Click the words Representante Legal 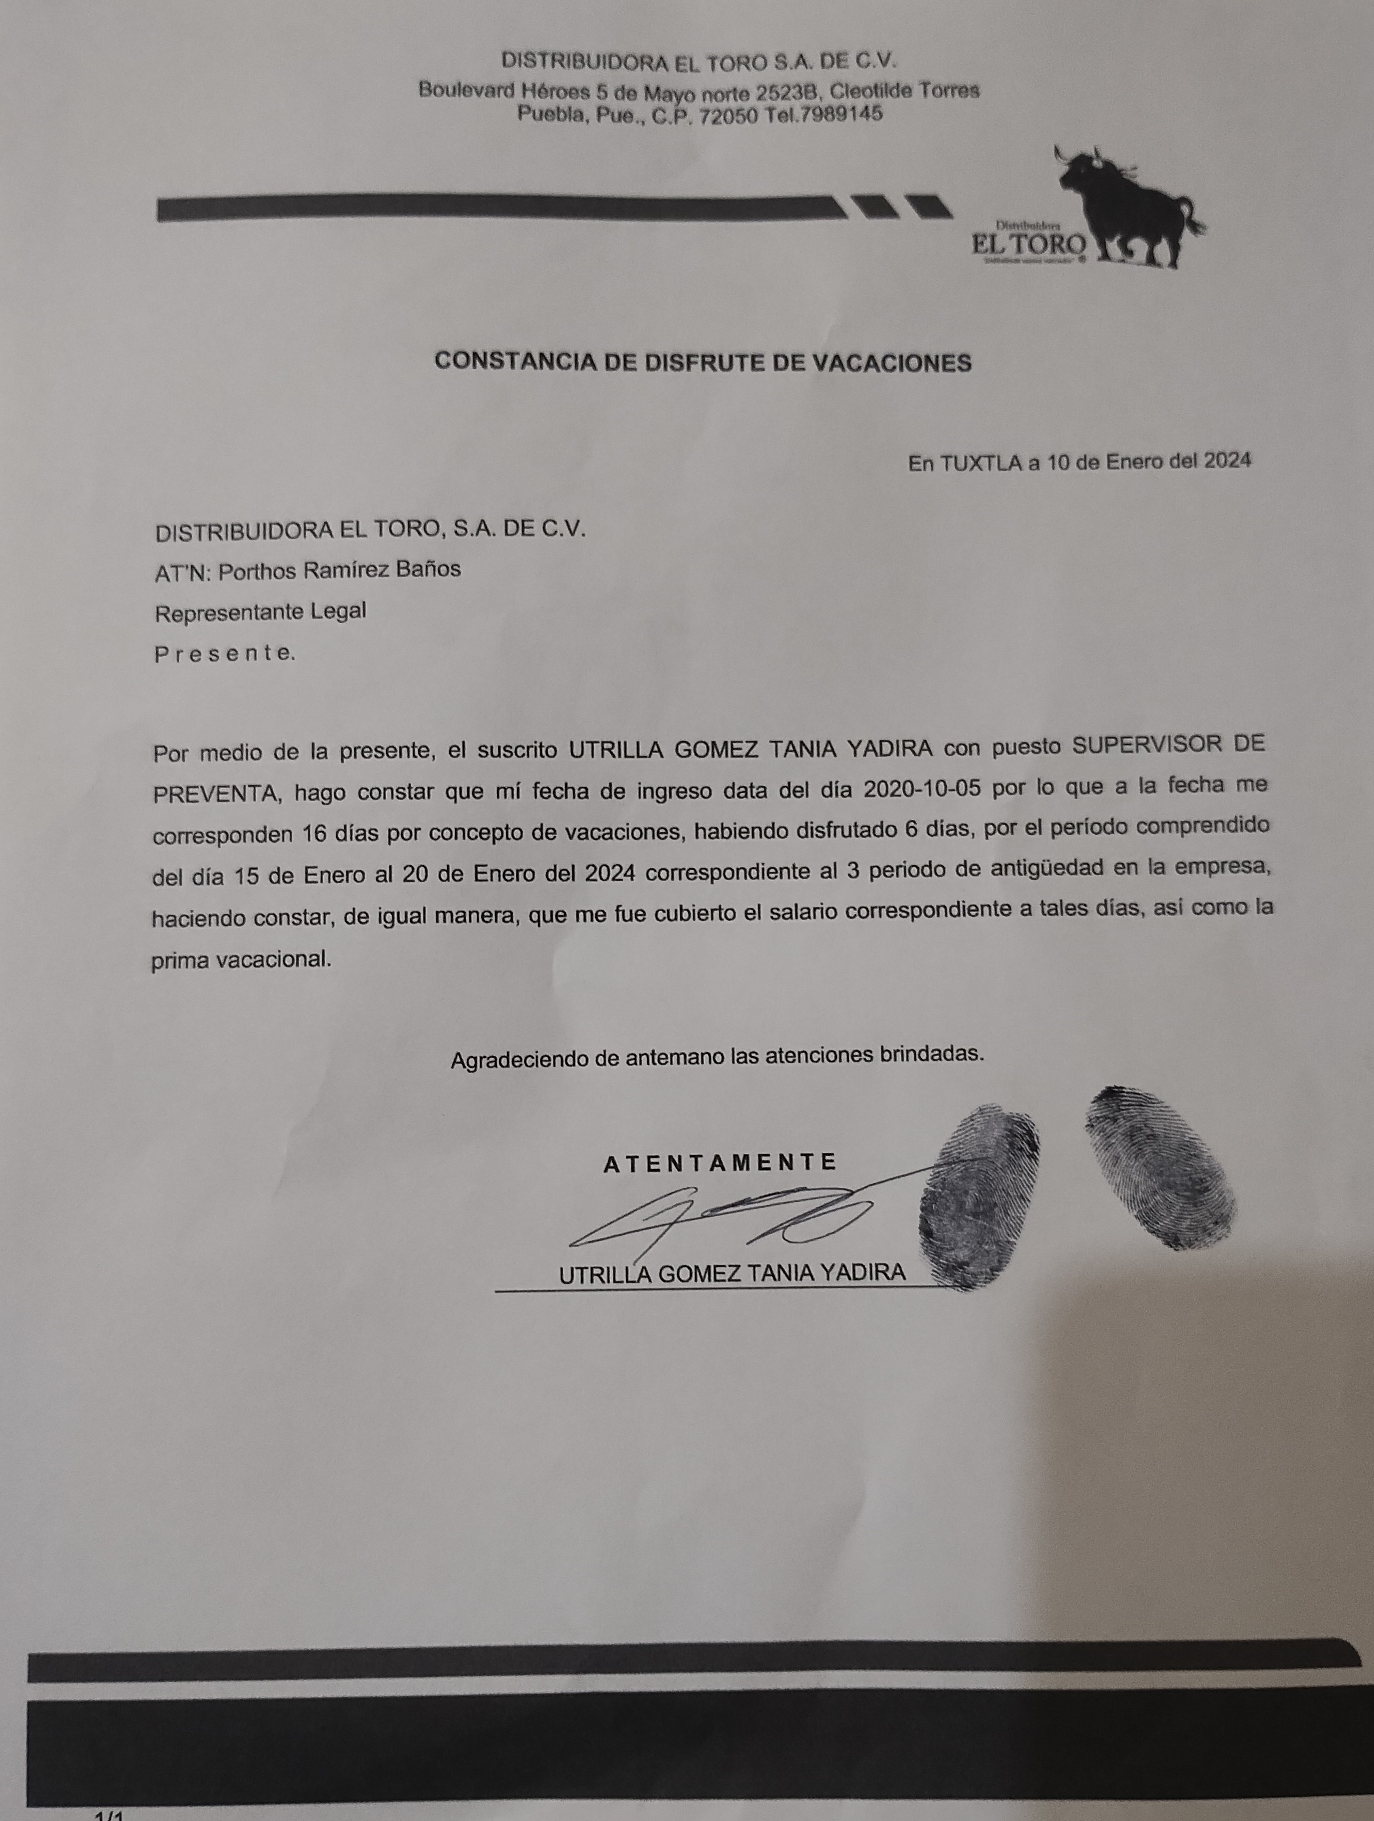[x=260, y=612]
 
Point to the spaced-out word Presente [x=224, y=654]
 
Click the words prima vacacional [x=241, y=960]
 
